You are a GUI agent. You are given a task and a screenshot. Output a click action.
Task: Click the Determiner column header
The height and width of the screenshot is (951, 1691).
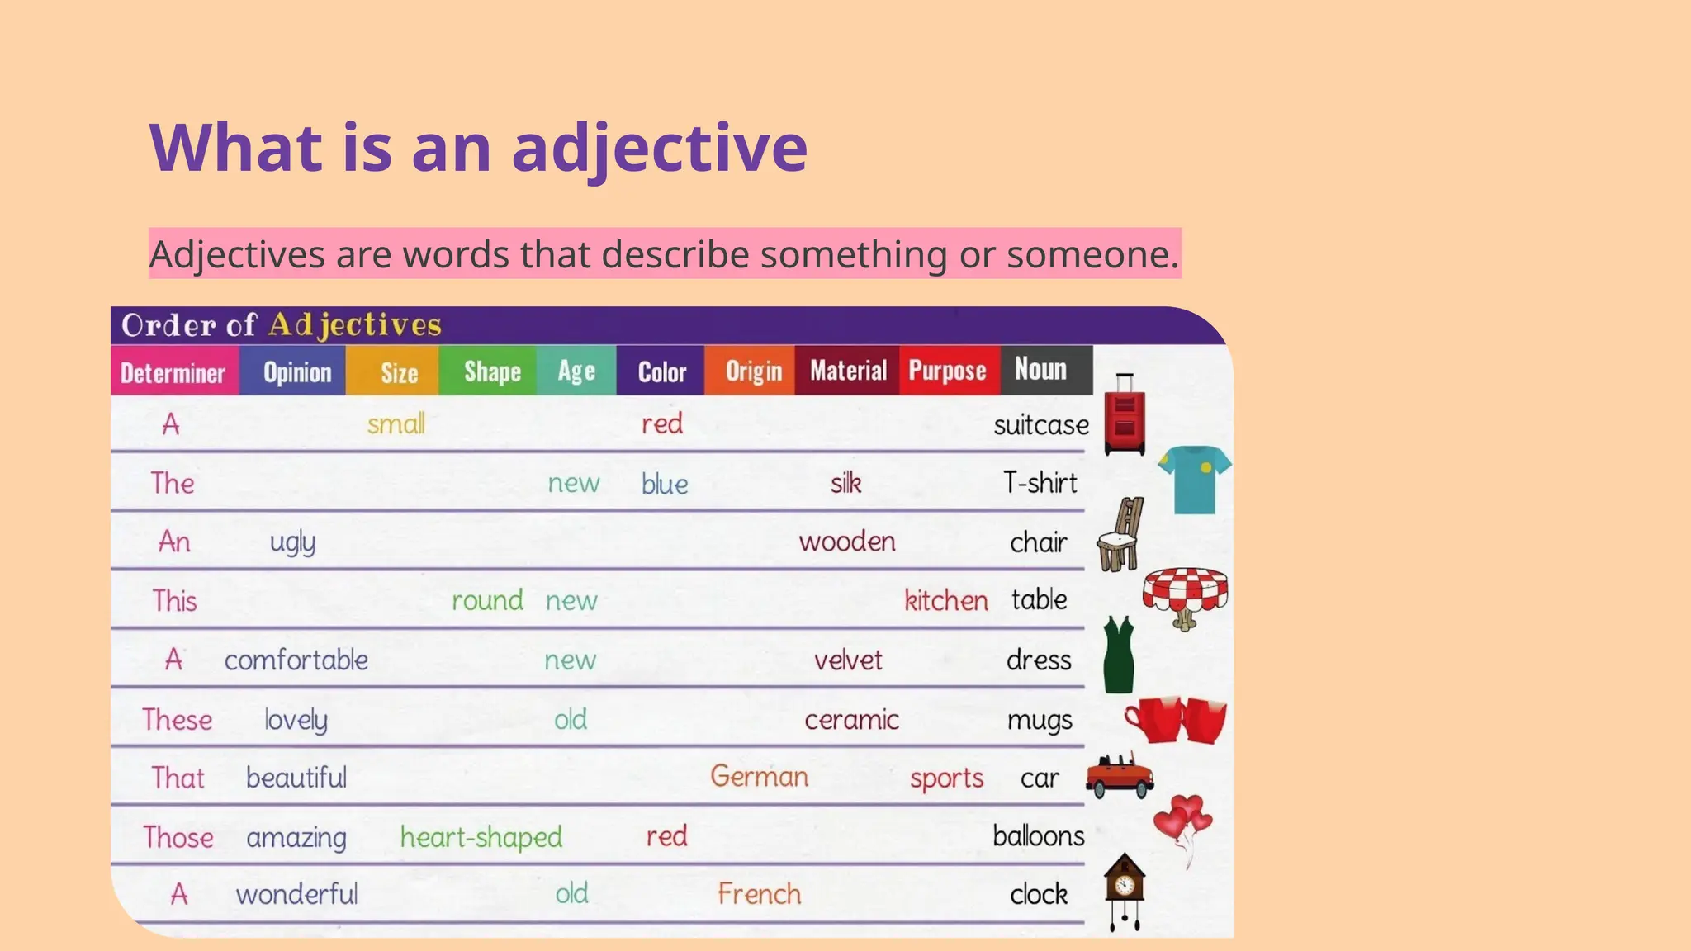coord(173,372)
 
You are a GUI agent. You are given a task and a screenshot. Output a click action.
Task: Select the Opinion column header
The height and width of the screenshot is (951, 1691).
coord(297,372)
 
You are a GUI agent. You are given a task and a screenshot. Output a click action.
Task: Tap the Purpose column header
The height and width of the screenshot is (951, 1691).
coord(947,371)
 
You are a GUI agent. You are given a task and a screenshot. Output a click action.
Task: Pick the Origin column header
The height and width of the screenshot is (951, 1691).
coord(753,371)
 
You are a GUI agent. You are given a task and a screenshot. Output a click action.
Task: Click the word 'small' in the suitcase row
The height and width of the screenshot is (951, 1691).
coord(396,424)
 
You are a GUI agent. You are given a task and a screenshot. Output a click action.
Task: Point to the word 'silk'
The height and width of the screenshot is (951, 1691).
coord(846,483)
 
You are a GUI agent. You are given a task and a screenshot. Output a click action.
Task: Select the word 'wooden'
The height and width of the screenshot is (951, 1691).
coord(847,542)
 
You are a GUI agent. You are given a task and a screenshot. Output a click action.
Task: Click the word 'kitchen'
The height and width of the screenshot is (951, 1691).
coord(946,600)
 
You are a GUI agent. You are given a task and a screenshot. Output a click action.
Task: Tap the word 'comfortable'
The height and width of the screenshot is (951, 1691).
coord(296,660)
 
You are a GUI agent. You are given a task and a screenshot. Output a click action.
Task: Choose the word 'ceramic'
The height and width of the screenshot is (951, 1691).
coord(851,720)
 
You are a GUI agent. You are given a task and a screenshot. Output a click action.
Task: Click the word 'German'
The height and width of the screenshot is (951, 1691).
coord(760,777)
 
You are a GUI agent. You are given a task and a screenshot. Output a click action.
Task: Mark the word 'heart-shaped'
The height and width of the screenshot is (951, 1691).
coord(481,837)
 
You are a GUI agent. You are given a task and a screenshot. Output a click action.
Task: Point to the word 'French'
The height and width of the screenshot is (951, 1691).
coord(760,894)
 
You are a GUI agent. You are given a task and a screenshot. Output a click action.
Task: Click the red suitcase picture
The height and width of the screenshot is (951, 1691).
coord(1125,415)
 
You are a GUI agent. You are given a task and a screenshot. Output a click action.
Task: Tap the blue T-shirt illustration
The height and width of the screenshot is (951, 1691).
coord(1194,480)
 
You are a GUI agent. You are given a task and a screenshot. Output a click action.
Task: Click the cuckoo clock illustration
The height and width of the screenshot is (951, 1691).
coord(1125,887)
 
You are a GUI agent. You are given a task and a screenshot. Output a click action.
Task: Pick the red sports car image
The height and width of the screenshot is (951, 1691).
coord(1120,776)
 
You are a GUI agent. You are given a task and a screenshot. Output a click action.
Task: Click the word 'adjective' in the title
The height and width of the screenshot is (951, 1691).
coord(660,149)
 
